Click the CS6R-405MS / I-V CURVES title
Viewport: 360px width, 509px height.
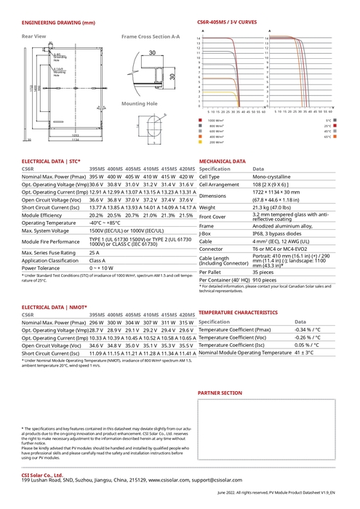(226, 23)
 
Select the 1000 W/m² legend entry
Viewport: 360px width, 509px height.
(215, 120)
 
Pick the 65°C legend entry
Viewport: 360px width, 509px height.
(329, 137)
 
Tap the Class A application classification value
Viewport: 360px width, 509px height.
(97, 260)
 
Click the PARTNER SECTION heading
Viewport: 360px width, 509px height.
(220, 393)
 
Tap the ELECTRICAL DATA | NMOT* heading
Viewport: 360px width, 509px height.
(55, 308)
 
